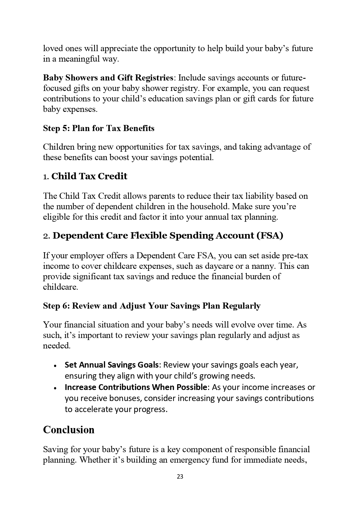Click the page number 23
pos(180,477)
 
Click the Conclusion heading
pos(69,430)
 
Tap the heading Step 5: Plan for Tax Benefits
pos(99,128)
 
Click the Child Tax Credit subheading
pos(89,176)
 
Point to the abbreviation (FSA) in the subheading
pos(270,235)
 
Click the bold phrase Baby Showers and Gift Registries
pos(108,78)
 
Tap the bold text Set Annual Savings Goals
pos(112,364)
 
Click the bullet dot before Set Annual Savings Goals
pos(55,365)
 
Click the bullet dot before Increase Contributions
pos(55,388)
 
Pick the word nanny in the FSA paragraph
pos(264,266)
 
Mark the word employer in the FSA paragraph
pos(87,256)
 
